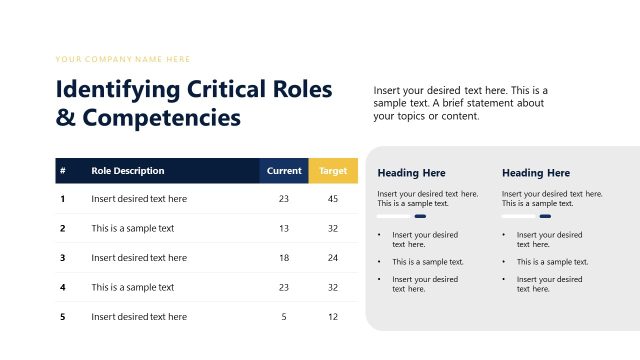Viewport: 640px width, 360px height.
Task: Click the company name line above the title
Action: coord(123,60)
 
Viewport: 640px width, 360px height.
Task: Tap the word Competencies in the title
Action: coord(160,117)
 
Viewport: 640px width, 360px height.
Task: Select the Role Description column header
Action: coord(127,171)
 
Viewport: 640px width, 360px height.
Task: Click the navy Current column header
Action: coord(284,171)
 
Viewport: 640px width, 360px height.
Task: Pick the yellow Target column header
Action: coord(333,171)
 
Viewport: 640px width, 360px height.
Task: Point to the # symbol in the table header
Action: coord(62,171)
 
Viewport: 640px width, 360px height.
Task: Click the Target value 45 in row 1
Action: coord(333,199)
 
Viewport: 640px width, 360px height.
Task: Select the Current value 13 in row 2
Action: coord(284,228)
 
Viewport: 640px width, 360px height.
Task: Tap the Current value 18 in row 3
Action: coord(284,258)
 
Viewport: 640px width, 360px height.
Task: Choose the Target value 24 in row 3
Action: coord(333,258)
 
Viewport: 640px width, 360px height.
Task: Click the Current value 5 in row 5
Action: coord(284,317)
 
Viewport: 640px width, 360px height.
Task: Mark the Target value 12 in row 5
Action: coord(333,317)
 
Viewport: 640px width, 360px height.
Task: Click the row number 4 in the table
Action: coord(62,287)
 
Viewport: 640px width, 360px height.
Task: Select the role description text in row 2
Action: coord(132,228)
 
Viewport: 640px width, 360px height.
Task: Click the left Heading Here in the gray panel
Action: coord(411,173)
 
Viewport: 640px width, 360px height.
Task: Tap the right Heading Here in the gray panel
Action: coord(536,173)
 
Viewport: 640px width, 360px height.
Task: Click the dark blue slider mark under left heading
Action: coord(420,216)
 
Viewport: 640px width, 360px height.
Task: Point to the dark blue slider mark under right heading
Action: coord(545,216)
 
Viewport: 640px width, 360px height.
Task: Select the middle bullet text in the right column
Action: coord(552,262)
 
